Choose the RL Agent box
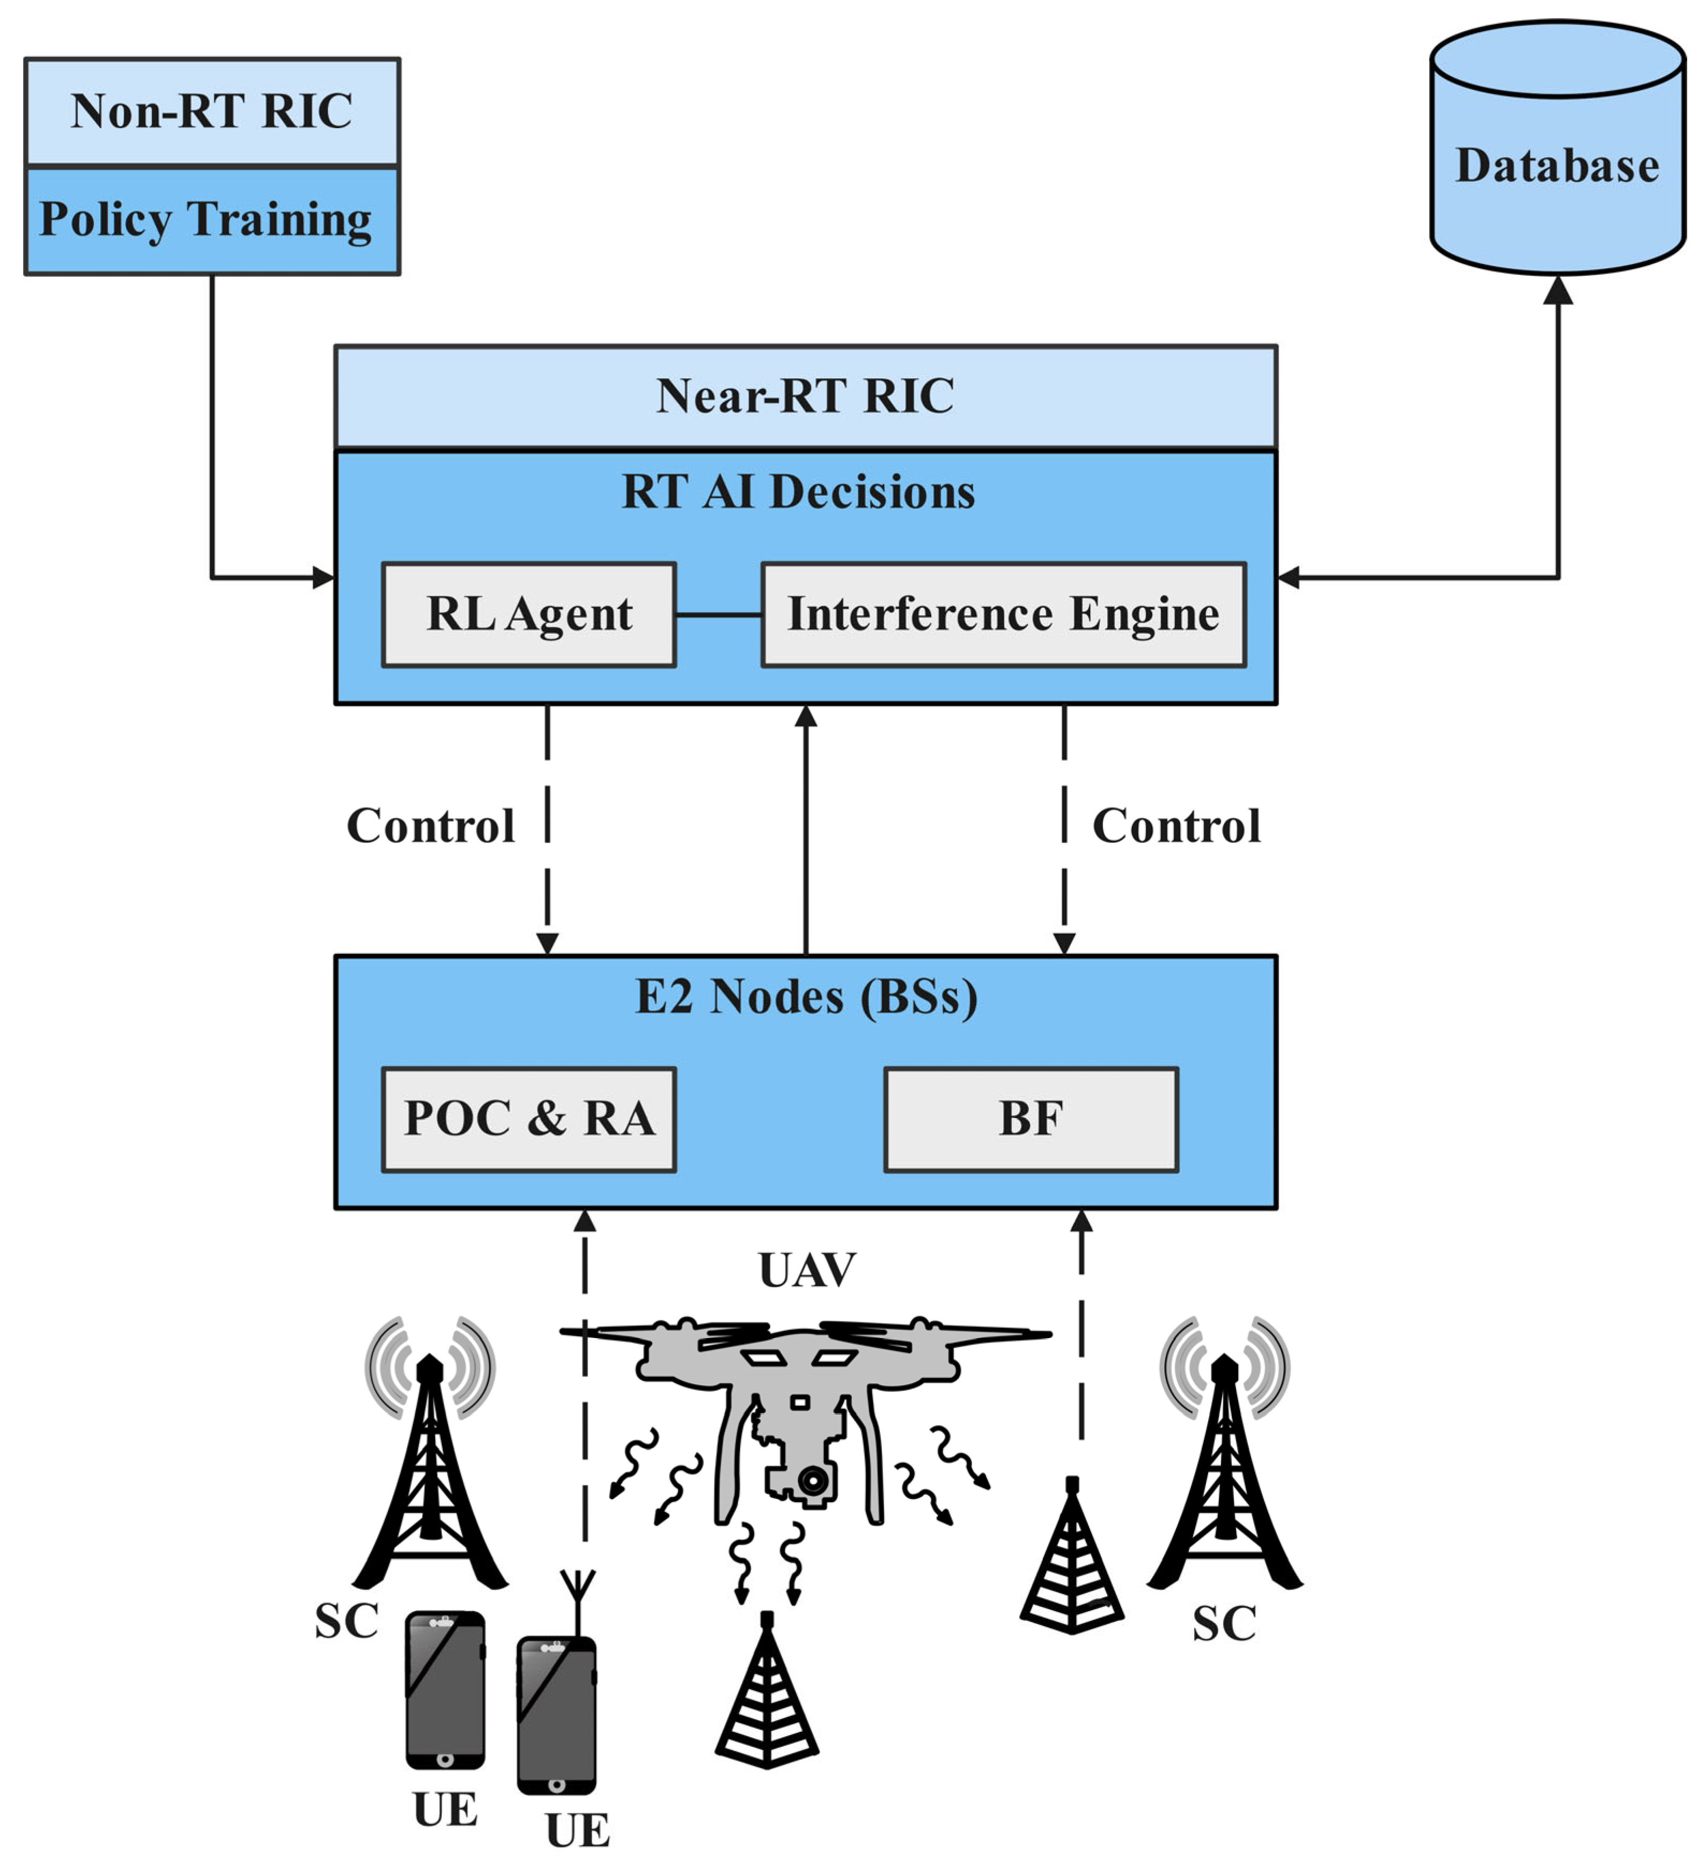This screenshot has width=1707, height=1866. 528,615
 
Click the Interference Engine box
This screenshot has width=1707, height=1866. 1004,615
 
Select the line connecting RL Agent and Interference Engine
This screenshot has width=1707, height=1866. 718,615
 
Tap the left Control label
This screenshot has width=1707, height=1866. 430,827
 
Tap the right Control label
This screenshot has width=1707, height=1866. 1176,827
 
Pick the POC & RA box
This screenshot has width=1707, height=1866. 528,1119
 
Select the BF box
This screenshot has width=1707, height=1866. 1031,1119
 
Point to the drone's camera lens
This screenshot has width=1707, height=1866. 814,1480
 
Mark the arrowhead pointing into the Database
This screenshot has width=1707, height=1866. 1558,290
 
